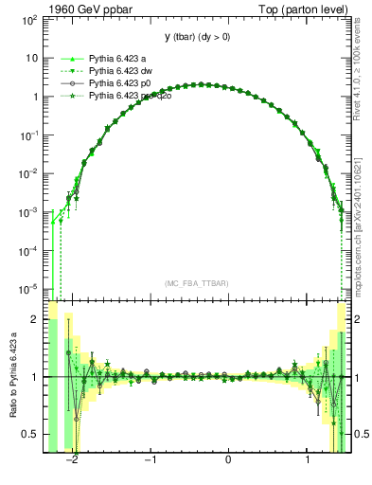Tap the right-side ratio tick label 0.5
coord(362,434)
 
